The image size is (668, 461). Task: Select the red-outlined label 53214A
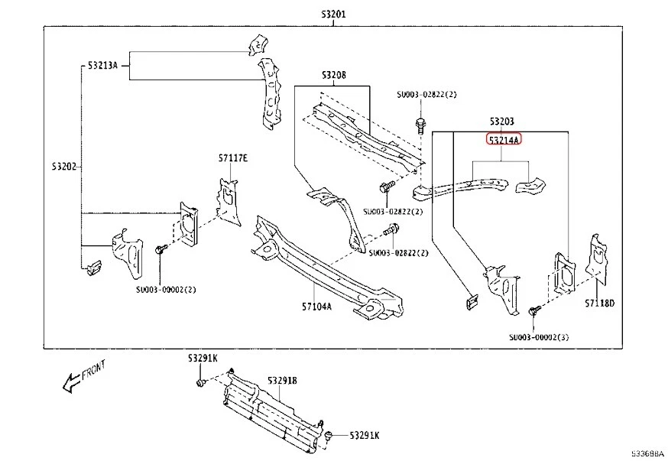click(x=503, y=141)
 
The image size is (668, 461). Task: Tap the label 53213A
click(x=102, y=66)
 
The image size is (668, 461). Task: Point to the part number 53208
click(x=333, y=75)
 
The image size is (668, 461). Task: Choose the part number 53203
click(x=501, y=122)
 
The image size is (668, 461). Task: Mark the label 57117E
click(x=232, y=158)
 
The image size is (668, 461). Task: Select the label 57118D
click(x=600, y=304)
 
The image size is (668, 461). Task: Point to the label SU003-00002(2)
click(x=167, y=289)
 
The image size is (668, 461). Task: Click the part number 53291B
click(x=282, y=380)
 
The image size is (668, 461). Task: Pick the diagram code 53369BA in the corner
click(x=647, y=453)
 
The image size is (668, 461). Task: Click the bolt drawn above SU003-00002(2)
click(x=161, y=250)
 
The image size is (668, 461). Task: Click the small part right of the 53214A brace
click(x=530, y=184)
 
